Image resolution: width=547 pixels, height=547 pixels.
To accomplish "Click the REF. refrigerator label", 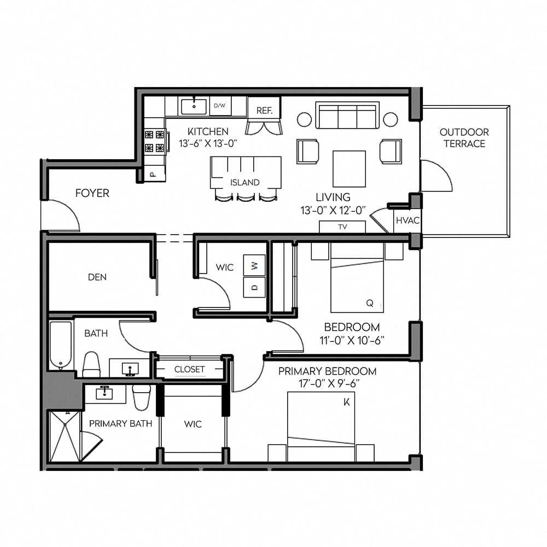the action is pyautogui.click(x=264, y=110).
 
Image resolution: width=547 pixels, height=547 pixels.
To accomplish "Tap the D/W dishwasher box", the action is pyautogui.click(x=220, y=106).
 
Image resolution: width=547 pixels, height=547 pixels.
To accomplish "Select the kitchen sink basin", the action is pyautogui.click(x=194, y=107).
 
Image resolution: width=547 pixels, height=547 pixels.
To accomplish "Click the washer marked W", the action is pyautogui.click(x=254, y=265).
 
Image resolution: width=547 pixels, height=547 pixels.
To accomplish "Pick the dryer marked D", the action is pyautogui.click(x=254, y=288).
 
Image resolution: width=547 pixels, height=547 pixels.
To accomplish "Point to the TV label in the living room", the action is pyautogui.click(x=342, y=227).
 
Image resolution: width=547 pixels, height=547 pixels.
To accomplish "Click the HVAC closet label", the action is pyautogui.click(x=408, y=220).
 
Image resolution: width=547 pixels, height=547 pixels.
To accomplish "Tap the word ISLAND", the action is pyautogui.click(x=245, y=183).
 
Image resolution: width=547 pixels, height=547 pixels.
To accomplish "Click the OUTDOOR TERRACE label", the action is pyautogui.click(x=464, y=138).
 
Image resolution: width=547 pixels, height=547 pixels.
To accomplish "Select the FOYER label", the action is pyautogui.click(x=92, y=193).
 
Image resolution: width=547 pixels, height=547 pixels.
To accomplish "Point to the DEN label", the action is pyautogui.click(x=97, y=277).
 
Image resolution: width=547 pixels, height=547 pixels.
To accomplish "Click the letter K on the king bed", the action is pyautogui.click(x=346, y=402).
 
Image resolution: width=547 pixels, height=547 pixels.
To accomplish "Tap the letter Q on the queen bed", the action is pyautogui.click(x=370, y=303).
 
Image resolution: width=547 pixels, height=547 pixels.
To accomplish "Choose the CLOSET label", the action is pyautogui.click(x=189, y=369).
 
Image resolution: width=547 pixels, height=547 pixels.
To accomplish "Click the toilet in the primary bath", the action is pyautogui.click(x=141, y=397).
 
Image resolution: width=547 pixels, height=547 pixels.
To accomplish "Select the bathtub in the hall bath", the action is pyautogui.click(x=61, y=345).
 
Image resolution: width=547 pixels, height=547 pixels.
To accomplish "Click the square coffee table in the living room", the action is pyautogui.click(x=349, y=169).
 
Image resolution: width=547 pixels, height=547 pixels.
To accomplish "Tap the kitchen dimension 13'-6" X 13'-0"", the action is pyautogui.click(x=208, y=143).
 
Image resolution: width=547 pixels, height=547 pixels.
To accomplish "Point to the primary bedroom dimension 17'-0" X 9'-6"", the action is pyautogui.click(x=329, y=383).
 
